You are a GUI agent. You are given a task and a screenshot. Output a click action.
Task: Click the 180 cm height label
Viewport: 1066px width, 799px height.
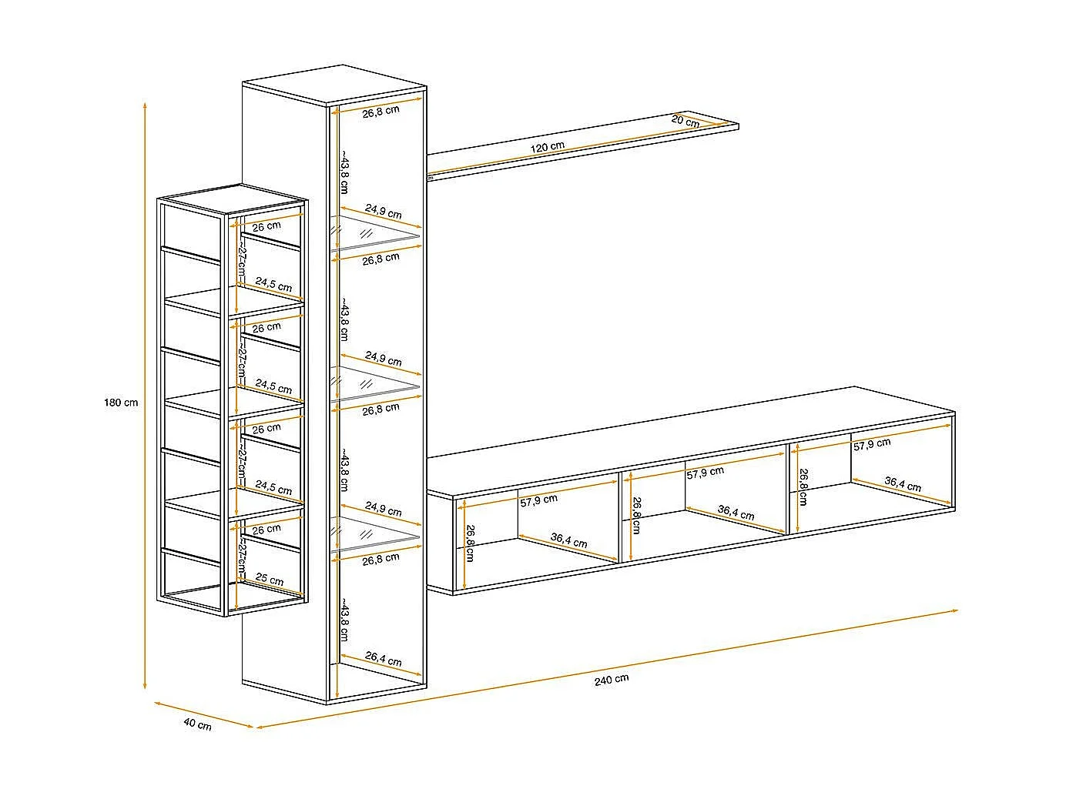point(121,403)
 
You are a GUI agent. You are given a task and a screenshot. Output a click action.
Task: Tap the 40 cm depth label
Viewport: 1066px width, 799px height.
point(197,724)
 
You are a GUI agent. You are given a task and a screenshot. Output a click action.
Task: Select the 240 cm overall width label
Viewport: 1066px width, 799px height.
point(612,679)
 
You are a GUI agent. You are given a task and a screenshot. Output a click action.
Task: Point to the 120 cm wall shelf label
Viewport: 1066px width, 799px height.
point(548,146)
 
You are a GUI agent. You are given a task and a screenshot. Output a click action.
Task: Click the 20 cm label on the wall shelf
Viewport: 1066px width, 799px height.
point(685,121)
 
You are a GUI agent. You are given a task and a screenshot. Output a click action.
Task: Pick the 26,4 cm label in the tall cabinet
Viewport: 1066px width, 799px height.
point(383,660)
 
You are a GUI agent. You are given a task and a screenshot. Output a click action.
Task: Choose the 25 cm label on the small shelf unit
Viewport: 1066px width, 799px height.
point(270,580)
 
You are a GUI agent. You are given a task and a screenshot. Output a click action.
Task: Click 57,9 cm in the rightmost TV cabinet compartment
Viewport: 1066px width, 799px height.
point(871,443)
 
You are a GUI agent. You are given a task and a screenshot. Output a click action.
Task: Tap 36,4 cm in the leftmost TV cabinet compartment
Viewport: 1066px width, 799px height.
point(568,541)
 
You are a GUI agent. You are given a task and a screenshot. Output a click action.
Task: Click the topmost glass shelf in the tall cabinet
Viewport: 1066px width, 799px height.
point(376,233)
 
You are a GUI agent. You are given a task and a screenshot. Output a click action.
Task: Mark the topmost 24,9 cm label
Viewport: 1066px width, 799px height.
point(383,212)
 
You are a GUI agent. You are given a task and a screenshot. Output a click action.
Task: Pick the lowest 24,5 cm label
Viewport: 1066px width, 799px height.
point(273,489)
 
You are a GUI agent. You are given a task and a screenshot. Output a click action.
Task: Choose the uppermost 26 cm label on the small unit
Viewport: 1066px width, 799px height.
point(266,226)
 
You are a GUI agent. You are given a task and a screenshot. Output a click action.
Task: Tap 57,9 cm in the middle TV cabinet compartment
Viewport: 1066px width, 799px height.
point(705,473)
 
